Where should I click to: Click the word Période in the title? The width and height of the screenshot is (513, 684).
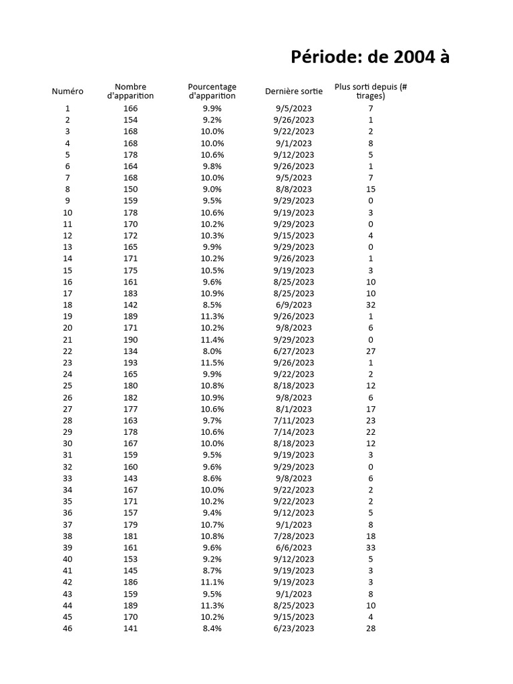pyautogui.click(x=323, y=58)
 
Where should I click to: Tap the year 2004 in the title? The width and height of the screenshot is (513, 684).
pyautogui.click(x=411, y=58)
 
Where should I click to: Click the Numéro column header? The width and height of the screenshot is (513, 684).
pyautogui.click(x=67, y=91)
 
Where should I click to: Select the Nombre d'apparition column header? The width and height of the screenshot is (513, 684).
pyautogui.click(x=130, y=91)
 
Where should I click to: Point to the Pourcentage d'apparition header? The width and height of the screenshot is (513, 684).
pyautogui.click(x=212, y=91)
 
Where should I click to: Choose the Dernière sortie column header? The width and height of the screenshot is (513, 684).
pyautogui.click(x=294, y=91)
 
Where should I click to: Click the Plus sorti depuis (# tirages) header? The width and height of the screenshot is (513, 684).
pyautogui.click(x=371, y=91)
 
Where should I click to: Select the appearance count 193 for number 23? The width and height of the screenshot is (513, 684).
pyautogui.click(x=130, y=363)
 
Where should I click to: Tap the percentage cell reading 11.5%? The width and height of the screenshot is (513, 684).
pyautogui.click(x=212, y=363)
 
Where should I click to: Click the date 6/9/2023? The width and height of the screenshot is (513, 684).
pyautogui.click(x=293, y=305)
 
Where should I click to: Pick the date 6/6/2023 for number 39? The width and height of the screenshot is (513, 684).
pyautogui.click(x=293, y=548)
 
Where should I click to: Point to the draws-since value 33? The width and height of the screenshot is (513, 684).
pyautogui.click(x=371, y=548)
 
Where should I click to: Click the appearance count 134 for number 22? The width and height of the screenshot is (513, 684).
pyautogui.click(x=130, y=351)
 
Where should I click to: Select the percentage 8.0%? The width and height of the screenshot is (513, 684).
pyautogui.click(x=212, y=351)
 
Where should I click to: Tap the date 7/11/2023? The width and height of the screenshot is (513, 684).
pyautogui.click(x=293, y=421)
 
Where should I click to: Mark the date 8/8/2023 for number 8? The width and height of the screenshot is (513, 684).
pyautogui.click(x=293, y=189)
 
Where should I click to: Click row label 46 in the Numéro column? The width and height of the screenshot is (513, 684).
pyautogui.click(x=67, y=629)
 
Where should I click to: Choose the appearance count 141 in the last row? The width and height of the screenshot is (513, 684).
pyautogui.click(x=130, y=629)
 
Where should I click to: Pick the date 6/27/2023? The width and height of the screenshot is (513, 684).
pyautogui.click(x=293, y=351)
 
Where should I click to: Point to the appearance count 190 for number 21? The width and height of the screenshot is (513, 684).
pyautogui.click(x=130, y=340)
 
